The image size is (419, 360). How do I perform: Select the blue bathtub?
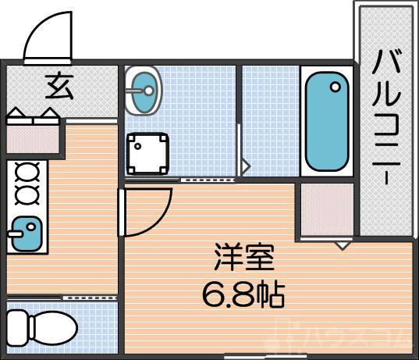(326, 123)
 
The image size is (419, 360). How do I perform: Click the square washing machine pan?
(148, 153)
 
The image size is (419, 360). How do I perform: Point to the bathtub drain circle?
(336, 87)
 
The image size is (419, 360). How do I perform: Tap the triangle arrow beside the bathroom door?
(245, 166)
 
